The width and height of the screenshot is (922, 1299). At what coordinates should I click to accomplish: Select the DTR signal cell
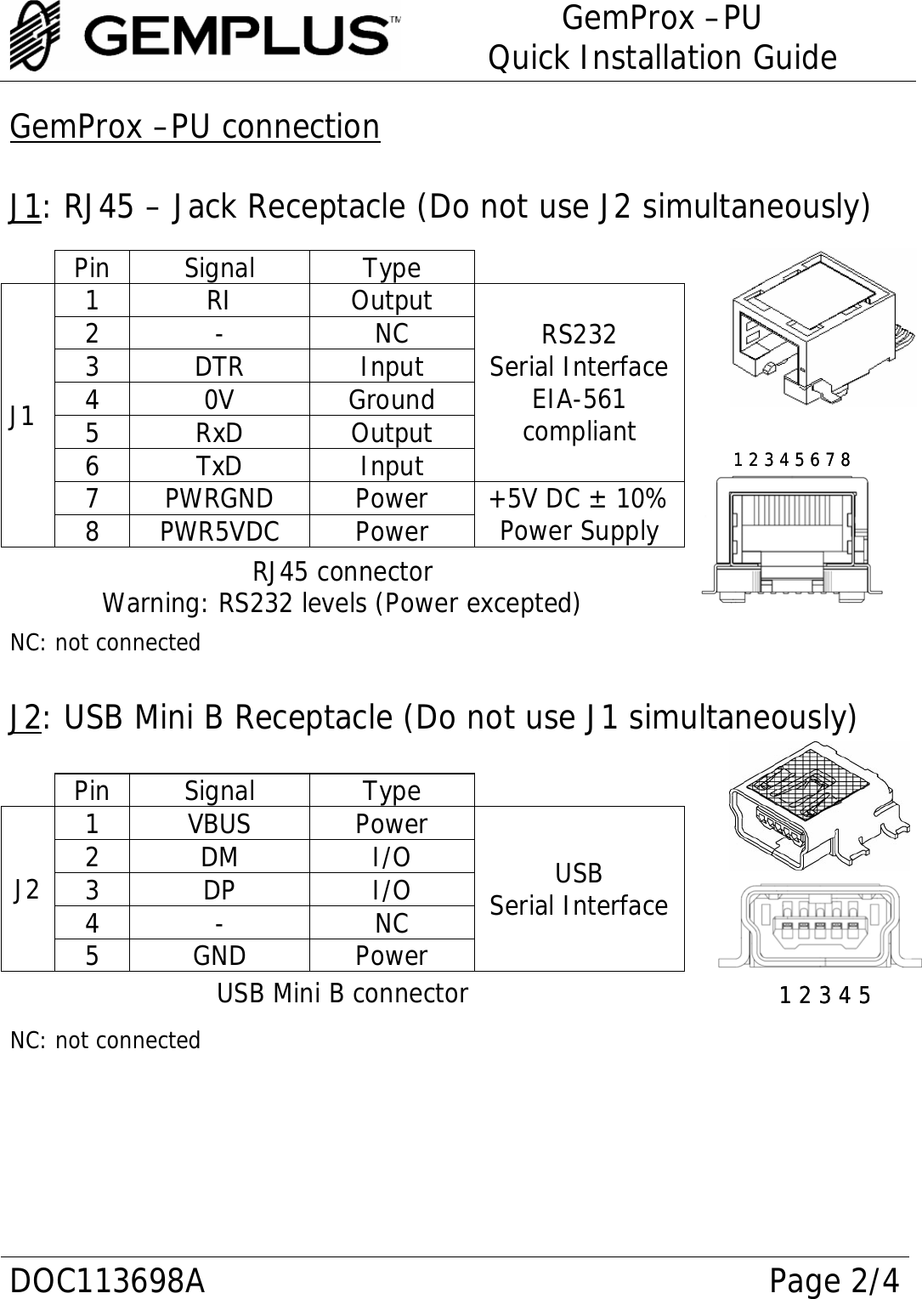219,366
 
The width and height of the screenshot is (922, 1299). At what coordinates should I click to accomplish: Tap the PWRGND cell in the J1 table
219,498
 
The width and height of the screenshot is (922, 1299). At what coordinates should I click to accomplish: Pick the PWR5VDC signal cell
219,531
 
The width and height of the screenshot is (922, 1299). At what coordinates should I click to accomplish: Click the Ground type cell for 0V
392,400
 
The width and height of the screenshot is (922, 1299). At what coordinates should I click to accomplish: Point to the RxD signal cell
219,433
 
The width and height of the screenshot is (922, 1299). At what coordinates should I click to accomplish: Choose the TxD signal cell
219,466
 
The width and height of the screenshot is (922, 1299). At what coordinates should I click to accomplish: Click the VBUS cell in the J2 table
219,824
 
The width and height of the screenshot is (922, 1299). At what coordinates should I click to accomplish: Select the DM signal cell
219,857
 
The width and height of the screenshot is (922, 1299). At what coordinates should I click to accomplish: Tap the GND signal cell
219,956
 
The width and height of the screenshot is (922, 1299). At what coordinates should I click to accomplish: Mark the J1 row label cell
27,416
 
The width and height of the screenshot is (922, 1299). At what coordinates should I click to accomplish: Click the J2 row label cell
27,889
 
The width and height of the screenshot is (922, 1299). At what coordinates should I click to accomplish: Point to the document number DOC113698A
107,1279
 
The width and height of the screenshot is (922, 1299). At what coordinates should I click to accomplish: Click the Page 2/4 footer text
833,1279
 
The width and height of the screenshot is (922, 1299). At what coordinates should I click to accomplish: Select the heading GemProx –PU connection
195,128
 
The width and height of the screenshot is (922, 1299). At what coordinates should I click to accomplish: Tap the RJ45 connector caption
342,571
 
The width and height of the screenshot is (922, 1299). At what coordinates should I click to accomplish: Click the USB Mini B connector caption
342,993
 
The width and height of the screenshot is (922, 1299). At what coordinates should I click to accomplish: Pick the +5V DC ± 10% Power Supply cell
579,514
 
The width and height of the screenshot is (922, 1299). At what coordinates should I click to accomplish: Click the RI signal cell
219,301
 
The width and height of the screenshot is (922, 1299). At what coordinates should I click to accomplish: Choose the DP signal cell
219,890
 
